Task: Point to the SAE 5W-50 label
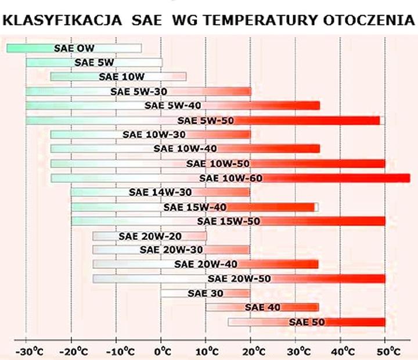pyautogui.click(x=206, y=121)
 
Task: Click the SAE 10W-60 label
pyautogui.click(x=230, y=178)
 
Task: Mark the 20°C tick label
pyautogui.click(x=253, y=351)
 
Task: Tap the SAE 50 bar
pyautogui.click(x=307, y=322)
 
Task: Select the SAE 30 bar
pyautogui.click(x=206, y=293)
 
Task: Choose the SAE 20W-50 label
pyautogui.click(x=239, y=279)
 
